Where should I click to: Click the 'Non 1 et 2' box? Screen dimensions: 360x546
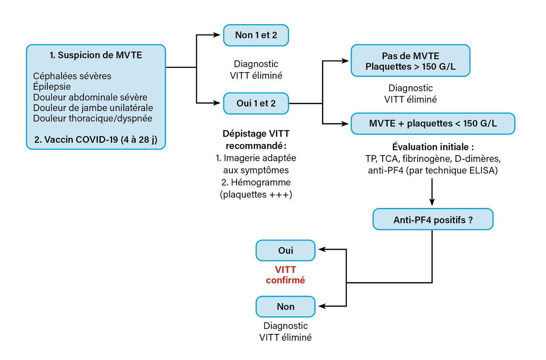[x=256, y=35]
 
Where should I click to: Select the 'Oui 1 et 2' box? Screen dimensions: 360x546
[x=256, y=103]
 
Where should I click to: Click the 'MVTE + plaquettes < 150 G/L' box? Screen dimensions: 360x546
[x=433, y=123]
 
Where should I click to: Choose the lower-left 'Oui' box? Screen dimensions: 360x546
[x=285, y=251]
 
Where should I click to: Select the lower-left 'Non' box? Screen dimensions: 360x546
[x=285, y=306]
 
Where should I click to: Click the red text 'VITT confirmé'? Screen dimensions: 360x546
[x=285, y=275]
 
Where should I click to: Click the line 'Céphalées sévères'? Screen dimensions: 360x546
[x=72, y=76]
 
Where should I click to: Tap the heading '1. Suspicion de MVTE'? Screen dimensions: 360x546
[x=96, y=56]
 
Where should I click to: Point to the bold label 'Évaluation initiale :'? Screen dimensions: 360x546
[x=433, y=147]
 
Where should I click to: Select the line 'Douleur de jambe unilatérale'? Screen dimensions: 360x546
[x=93, y=107]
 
